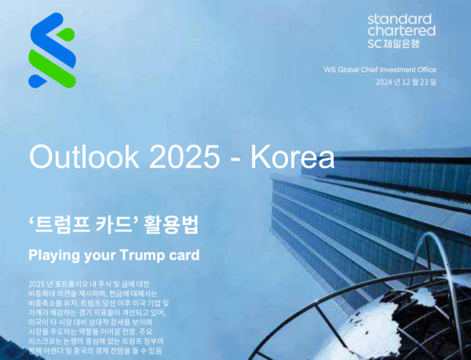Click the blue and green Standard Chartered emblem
tap(52, 49)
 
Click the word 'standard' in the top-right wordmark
tap(400, 19)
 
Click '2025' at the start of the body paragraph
tap(37, 282)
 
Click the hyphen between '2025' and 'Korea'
tap(234, 158)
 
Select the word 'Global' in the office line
tap(340, 70)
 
